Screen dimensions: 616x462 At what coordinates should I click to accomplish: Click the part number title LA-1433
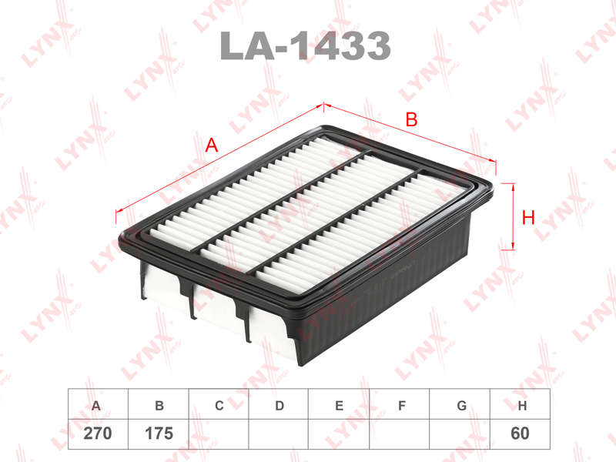(x=305, y=46)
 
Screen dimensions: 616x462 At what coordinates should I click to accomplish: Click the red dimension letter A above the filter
(x=211, y=146)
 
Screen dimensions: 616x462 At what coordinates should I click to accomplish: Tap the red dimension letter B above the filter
(x=411, y=119)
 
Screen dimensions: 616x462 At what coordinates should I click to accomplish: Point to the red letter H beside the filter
(x=528, y=217)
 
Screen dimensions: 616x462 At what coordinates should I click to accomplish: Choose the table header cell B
(x=159, y=405)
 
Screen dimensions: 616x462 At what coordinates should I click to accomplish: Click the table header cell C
(x=219, y=405)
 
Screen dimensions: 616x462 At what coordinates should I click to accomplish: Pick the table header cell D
(x=279, y=405)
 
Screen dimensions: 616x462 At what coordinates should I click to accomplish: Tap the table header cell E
(x=339, y=405)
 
